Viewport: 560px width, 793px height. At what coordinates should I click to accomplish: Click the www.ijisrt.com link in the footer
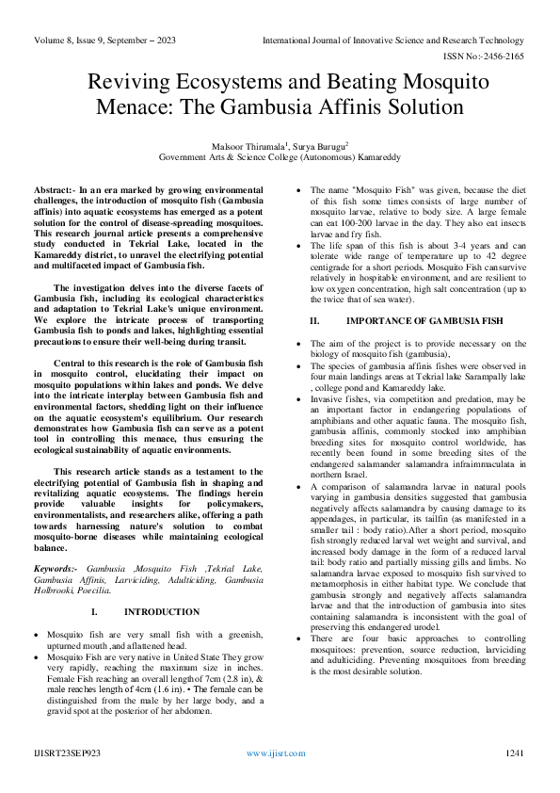(279, 753)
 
